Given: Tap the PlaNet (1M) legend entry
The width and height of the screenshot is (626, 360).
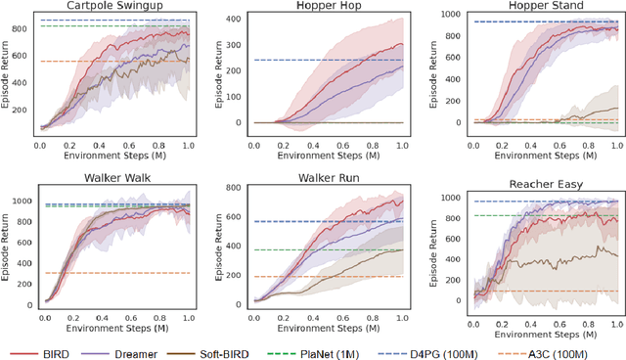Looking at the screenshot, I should [x=375, y=349].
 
